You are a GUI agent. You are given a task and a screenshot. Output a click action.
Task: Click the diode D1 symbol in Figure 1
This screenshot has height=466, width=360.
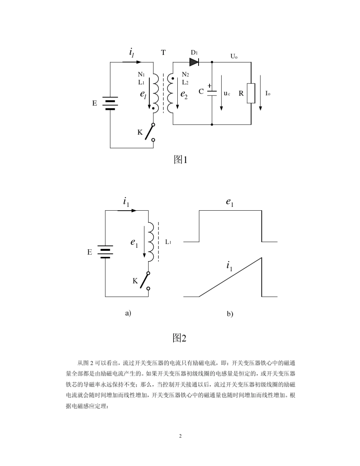click(194, 62)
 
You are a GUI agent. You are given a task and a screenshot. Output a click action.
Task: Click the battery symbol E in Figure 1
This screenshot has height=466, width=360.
click(110, 103)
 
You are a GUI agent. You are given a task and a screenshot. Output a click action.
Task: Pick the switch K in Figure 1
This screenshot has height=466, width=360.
click(149, 132)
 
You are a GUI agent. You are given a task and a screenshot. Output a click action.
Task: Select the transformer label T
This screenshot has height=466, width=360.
click(163, 53)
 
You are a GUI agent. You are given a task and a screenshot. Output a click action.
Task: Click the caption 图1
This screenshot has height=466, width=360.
click(180, 160)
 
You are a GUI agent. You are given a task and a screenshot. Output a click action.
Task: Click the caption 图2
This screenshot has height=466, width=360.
click(180, 338)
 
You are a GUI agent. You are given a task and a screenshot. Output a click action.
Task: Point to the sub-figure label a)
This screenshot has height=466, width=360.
click(128, 313)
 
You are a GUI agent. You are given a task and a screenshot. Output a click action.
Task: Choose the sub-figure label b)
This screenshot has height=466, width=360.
click(230, 314)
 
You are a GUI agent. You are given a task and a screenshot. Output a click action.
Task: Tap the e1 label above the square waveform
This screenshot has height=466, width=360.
click(230, 203)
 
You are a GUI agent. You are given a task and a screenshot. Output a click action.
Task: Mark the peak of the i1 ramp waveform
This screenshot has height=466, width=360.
click(261, 258)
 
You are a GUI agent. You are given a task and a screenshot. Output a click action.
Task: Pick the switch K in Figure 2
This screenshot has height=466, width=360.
click(144, 281)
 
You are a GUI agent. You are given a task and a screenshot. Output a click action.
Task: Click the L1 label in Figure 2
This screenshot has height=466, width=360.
click(168, 242)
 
